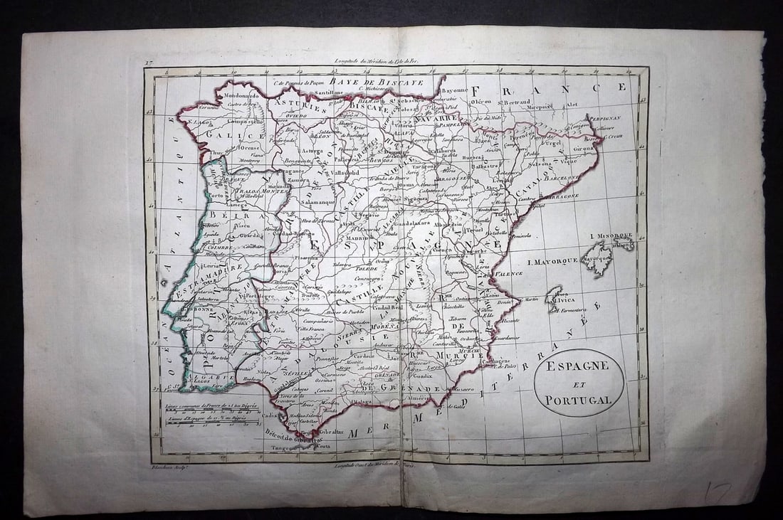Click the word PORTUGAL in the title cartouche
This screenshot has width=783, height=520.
point(579,400)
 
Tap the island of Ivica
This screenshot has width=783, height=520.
point(554,299)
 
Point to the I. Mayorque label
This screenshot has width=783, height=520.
point(552,262)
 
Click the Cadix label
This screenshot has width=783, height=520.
point(270,416)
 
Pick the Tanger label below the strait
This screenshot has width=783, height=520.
point(283,448)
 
